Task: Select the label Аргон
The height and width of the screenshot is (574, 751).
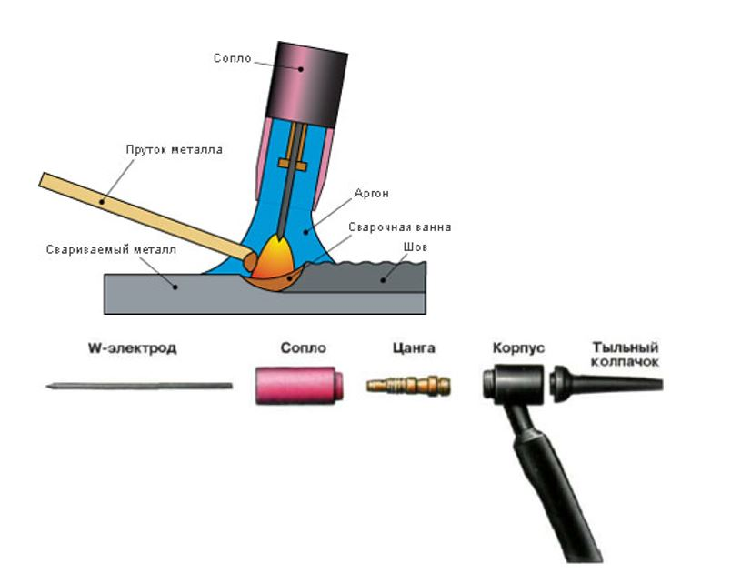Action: [x=365, y=195]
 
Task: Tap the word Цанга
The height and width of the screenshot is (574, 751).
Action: [x=413, y=348]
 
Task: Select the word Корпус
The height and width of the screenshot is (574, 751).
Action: [x=518, y=348]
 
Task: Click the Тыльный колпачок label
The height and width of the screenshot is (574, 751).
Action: [x=624, y=354]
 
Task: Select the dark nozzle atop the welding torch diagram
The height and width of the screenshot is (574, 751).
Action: [x=306, y=81]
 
